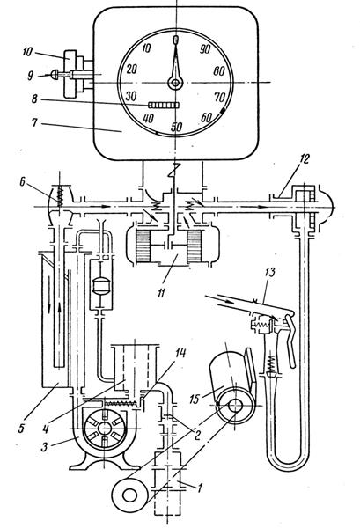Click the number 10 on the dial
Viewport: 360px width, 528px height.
(x=146, y=48)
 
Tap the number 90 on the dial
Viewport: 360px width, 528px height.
(x=205, y=49)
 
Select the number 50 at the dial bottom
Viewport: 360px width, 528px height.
(x=176, y=127)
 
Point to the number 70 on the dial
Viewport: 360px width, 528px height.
(x=219, y=98)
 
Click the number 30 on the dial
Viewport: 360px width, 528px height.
(x=130, y=96)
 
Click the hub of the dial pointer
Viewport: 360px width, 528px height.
(x=175, y=83)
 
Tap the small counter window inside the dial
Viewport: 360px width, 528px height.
(x=164, y=106)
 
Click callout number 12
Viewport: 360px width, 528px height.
(x=304, y=158)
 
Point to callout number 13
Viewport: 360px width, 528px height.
(x=271, y=271)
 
